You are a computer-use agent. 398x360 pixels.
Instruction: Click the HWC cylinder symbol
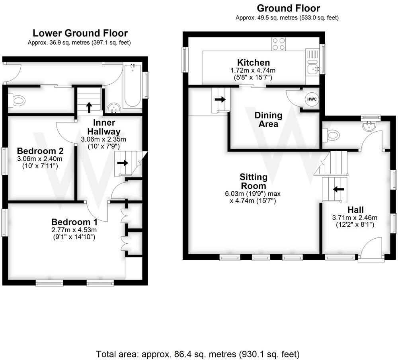(x=312, y=99)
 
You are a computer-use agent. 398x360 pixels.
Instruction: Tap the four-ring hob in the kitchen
(x=279, y=44)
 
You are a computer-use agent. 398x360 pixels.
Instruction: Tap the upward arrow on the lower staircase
(x=88, y=106)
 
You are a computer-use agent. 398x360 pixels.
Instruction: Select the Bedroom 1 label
(x=74, y=222)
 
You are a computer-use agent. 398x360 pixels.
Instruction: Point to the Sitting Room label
(x=253, y=181)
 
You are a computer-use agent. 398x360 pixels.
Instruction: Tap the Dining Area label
(x=268, y=120)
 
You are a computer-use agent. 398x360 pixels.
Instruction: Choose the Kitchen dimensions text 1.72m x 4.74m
(x=253, y=70)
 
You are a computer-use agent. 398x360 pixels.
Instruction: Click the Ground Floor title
(x=288, y=8)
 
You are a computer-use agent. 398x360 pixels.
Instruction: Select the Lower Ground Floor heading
(x=80, y=33)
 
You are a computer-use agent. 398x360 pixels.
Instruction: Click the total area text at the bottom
(x=198, y=354)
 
